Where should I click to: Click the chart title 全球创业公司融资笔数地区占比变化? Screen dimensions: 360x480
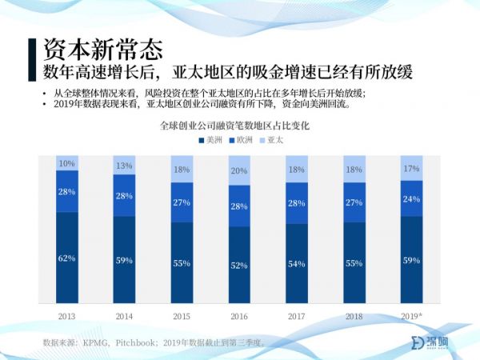coord(239,126)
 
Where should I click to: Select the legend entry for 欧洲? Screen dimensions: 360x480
coord(243,140)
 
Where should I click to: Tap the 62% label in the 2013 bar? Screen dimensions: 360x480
coord(66,258)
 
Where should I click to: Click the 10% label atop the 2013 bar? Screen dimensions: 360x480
coord(66,163)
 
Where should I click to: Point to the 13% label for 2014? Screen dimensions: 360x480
coord(124,166)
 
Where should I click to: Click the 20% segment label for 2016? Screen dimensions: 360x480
coord(239,171)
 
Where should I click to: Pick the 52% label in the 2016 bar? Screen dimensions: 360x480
coord(239,266)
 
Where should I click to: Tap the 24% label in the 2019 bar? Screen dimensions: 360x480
coord(411,199)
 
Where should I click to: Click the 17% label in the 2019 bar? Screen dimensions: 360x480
coord(411,169)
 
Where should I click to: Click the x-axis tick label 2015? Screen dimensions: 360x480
coord(182,316)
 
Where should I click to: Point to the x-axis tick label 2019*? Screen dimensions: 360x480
coord(411,316)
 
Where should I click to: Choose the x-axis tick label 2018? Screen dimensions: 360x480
coord(354,316)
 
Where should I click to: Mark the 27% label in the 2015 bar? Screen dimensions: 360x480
coord(182,202)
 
